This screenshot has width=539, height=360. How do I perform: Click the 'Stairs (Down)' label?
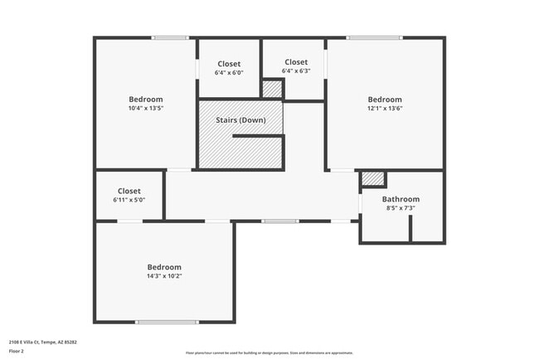pyautogui.click(x=240, y=120)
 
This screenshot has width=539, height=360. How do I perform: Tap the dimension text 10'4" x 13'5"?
pyautogui.click(x=145, y=108)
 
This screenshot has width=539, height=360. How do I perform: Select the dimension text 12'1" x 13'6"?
pyautogui.click(x=385, y=108)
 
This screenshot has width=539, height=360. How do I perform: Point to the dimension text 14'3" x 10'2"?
pyautogui.click(x=163, y=275)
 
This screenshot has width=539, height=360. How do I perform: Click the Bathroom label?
pyautogui.click(x=401, y=199)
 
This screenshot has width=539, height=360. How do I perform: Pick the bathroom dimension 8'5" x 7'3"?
pyautogui.click(x=401, y=208)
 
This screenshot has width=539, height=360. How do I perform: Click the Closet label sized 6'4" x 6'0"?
pyautogui.click(x=230, y=64)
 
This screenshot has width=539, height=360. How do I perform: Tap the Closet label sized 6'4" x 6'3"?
pyautogui.click(x=296, y=62)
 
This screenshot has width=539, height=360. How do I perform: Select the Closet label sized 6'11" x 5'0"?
pyautogui.click(x=129, y=191)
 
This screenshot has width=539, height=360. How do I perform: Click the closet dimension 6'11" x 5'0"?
pyautogui.click(x=129, y=200)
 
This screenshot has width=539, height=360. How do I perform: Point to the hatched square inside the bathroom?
pyautogui.click(x=373, y=178)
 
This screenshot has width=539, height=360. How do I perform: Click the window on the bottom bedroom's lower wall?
pyautogui.click(x=167, y=322)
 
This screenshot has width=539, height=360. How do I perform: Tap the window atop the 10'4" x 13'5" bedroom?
pyautogui.click(x=169, y=37)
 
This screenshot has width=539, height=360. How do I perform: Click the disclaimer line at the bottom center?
pyautogui.click(x=269, y=352)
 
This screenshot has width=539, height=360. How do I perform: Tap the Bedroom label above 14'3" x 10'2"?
pyautogui.click(x=163, y=266)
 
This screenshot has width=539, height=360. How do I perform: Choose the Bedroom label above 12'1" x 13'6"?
pyautogui.click(x=385, y=99)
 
